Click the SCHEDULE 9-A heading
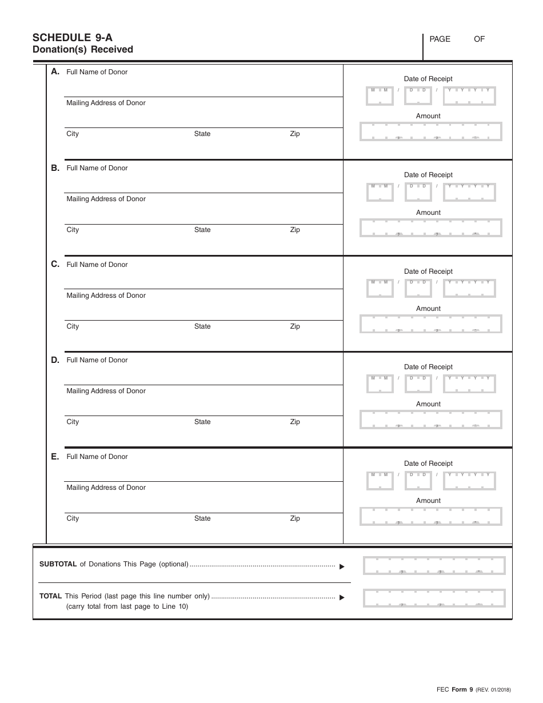[x=73, y=38]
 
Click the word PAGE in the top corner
[x=440, y=39]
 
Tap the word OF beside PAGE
[x=479, y=39]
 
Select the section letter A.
[x=55, y=71]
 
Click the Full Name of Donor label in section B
[x=97, y=168]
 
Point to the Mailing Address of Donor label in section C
[x=106, y=295]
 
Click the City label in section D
[x=73, y=422]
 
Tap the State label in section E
[x=202, y=518]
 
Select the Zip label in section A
[x=294, y=134]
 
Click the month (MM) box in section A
[x=380, y=96]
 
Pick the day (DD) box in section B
[x=418, y=193]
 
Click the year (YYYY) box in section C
[x=469, y=289]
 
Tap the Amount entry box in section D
[x=430, y=419]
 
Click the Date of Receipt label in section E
[x=428, y=464]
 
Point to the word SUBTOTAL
[x=58, y=564]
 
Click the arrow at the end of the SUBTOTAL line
[x=342, y=566]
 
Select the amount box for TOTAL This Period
[x=434, y=598]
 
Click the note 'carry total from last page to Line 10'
[x=127, y=606]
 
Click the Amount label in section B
[x=428, y=213]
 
